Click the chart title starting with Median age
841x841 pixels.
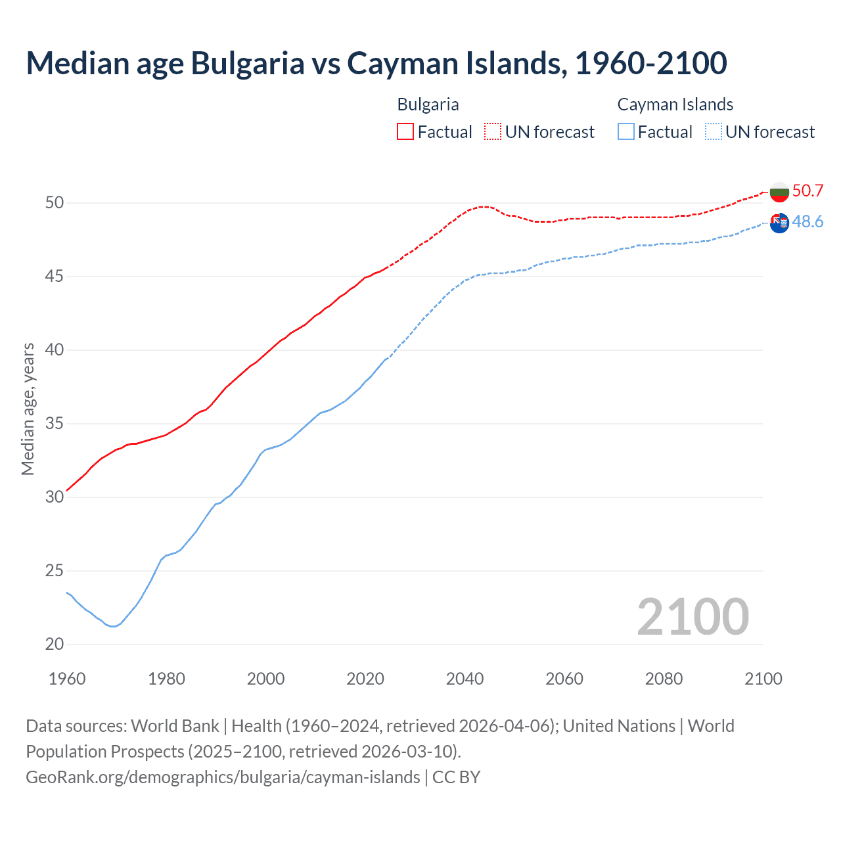[376, 63]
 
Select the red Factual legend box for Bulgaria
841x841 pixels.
[405, 132]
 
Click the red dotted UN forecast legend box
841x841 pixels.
[493, 132]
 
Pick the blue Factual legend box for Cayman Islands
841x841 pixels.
[626, 132]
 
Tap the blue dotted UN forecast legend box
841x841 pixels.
[714, 132]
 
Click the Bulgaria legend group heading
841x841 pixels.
[428, 104]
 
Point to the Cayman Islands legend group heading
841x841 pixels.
[675, 104]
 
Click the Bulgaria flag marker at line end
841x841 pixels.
[779, 193]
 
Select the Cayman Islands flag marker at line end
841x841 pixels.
[779, 223]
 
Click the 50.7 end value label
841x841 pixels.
[807, 191]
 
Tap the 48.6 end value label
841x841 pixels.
[807, 222]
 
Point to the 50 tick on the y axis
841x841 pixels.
[55, 203]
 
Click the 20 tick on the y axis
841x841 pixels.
[55, 645]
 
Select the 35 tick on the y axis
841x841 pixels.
[55, 424]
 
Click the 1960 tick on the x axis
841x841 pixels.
[67, 679]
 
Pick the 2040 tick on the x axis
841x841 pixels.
[465, 679]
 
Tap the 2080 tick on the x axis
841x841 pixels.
[664, 679]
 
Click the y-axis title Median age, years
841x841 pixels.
[28, 409]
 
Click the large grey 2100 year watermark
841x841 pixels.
[693, 617]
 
